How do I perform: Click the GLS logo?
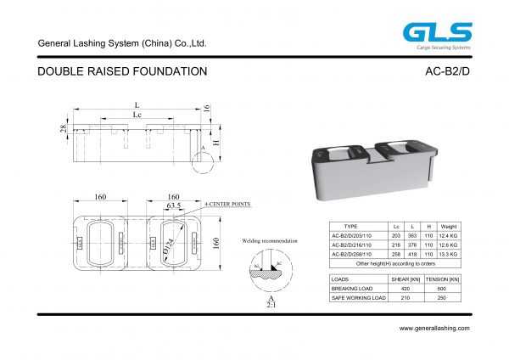point(436,33)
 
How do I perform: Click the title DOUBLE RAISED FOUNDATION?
point(123,72)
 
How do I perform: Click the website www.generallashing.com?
point(433,328)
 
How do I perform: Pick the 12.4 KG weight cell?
point(449,235)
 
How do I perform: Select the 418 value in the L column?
point(412,254)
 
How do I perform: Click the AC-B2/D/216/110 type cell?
point(355,245)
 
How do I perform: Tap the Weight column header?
point(449,226)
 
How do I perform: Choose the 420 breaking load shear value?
point(405,289)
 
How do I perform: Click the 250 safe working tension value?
point(442,298)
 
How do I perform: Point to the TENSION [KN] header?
point(442,279)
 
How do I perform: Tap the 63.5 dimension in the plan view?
point(174,205)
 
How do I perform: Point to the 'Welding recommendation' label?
point(270,242)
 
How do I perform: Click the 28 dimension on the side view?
point(63,129)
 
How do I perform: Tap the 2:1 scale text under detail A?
point(271,307)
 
